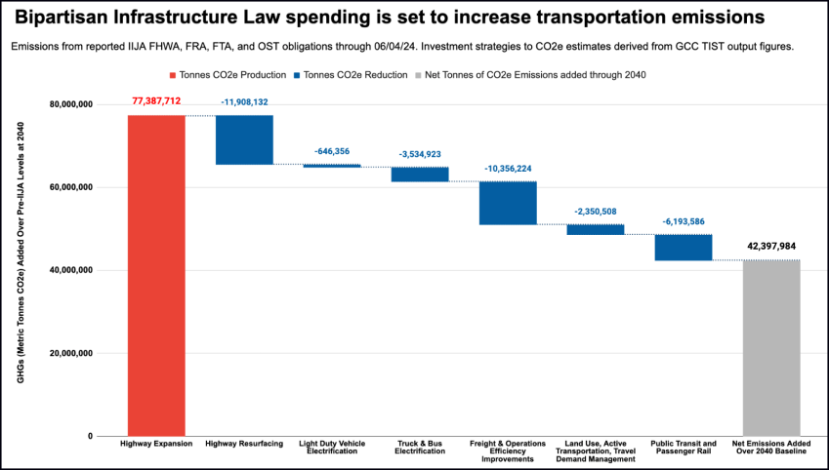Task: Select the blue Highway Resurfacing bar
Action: (x=244, y=139)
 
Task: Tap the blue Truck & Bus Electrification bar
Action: (x=420, y=175)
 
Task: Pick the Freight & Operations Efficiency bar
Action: (x=508, y=203)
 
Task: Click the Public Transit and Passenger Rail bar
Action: (x=684, y=248)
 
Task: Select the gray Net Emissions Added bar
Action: (x=771, y=347)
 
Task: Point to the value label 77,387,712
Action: (x=156, y=100)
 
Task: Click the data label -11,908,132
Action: (x=244, y=100)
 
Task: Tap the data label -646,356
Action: (x=332, y=151)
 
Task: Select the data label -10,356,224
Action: (x=508, y=168)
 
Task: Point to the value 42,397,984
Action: (x=771, y=246)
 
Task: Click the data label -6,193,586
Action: (x=684, y=220)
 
